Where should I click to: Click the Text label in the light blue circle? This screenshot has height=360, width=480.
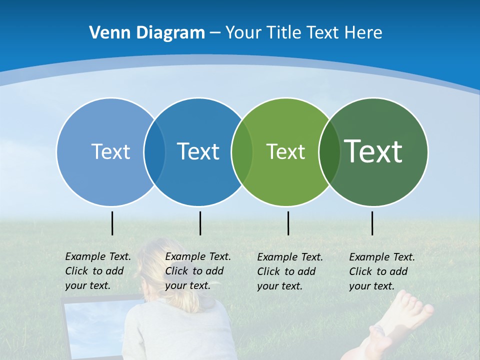(110, 151)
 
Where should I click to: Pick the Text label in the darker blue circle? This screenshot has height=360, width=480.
(198, 151)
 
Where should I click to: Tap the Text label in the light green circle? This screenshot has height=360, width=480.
(285, 151)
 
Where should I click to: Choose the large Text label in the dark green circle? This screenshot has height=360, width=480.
(373, 151)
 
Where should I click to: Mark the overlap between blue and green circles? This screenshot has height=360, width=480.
(241, 151)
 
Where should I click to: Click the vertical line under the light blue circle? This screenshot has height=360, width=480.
(112, 223)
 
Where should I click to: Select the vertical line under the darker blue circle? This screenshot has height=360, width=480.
(200, 223)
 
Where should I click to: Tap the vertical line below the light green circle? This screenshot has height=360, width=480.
(288, 223)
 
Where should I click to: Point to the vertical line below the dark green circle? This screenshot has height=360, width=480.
(372, 223)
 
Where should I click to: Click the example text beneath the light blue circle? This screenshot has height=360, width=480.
(97, 271)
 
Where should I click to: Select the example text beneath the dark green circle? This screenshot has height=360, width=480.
(381, 271)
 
